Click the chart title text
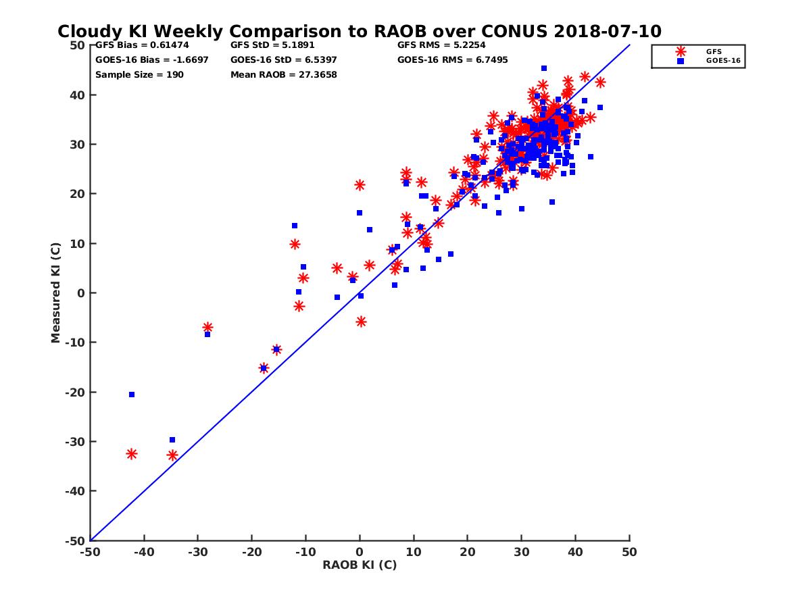359,31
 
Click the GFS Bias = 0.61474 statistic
142,45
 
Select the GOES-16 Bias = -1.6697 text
151,59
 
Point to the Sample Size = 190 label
139,74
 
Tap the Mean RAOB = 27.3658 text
283,74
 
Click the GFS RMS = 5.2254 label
441,45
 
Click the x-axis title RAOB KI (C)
359,565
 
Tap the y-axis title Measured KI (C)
55,293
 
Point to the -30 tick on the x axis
197,552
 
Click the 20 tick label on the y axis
78,194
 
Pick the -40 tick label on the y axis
75,491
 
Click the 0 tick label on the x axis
360,552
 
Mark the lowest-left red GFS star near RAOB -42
132,454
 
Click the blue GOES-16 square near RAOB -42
132,395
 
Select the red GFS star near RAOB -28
207,327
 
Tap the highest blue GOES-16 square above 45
544,68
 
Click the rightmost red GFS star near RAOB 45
600,82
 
